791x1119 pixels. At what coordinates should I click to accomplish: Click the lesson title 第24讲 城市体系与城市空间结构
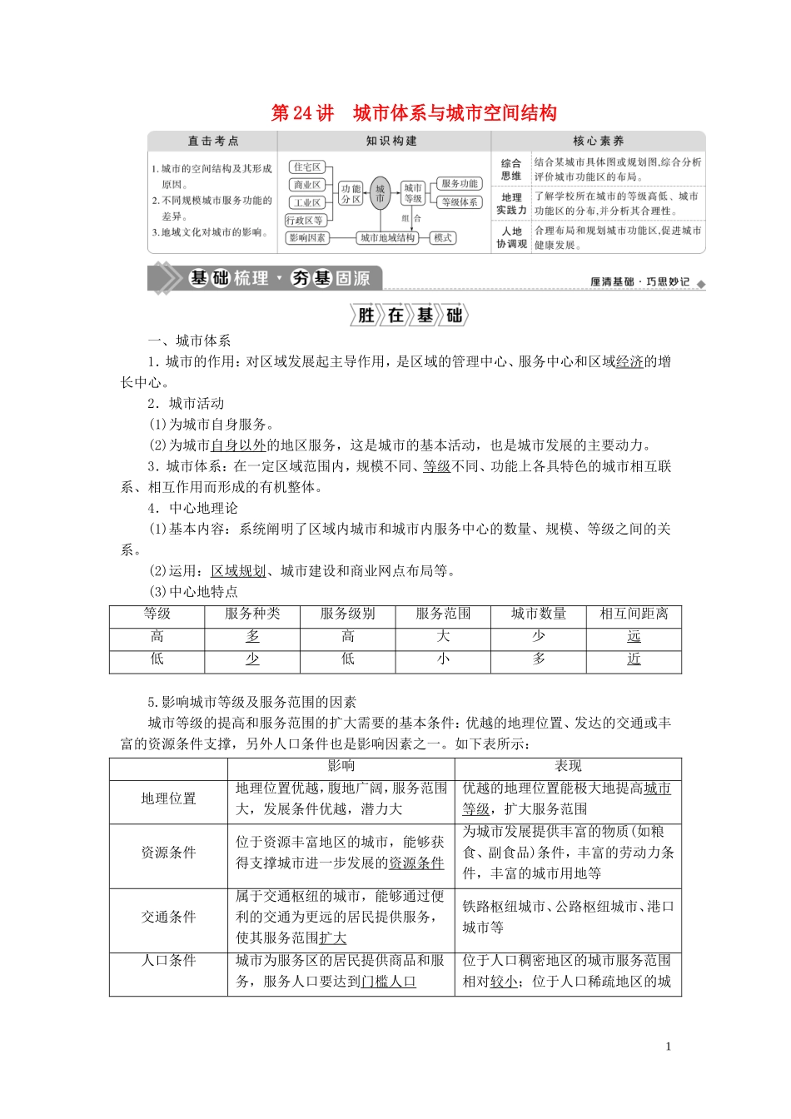click(x=414, y=113)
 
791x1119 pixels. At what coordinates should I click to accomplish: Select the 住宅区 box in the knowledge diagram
click(x=306, y=167)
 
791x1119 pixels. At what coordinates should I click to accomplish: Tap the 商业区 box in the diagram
click(x=306, y=185)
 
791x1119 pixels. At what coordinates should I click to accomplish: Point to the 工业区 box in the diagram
click(x=306, y=202)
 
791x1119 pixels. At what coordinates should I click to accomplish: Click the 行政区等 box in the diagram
click(x=305, y=221)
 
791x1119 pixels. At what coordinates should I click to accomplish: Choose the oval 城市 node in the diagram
click(x=380, y=194)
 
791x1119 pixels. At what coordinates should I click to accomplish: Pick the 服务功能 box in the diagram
click(x=460, y=184)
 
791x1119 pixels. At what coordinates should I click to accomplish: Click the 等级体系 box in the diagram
click(x=460, y=202)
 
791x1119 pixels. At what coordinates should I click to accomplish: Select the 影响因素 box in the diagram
click(x=306, y=238)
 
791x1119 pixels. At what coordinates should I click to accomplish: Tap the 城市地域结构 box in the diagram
click(x=387, y=238)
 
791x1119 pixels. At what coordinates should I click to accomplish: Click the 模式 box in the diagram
click(x=442, y=238)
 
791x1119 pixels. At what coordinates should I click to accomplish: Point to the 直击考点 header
click(x=213, y=142)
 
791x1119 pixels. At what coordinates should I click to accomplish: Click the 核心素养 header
click(x=598, y=142)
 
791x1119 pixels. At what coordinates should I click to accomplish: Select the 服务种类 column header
click(x=252, y=614)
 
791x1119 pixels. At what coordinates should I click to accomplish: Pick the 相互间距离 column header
click(x=634, y=614)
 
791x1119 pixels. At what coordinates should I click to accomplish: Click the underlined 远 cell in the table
click(x=634, y=637)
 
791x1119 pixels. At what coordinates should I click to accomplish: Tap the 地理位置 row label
click(x=168, y=799)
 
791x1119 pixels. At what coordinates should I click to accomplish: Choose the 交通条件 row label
click(x=168, y=918)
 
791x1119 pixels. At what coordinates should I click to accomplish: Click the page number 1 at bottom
click(x=668, y=1047)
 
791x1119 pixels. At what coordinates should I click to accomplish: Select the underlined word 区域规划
click(x=238, y=571)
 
